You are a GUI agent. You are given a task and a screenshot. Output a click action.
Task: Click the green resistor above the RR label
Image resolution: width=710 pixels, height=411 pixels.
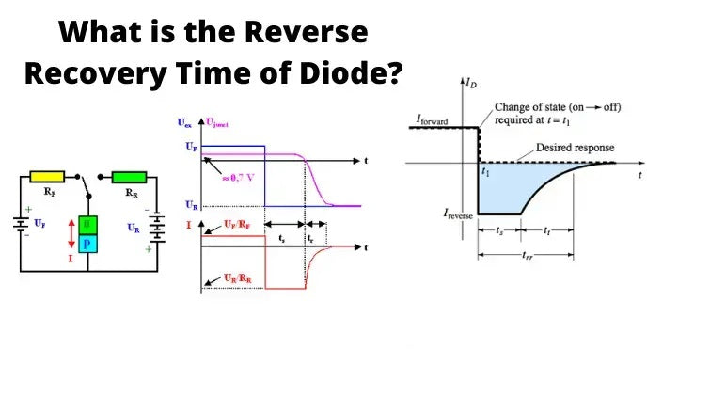(129, 176)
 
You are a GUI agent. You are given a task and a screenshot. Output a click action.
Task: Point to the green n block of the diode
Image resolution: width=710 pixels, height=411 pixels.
(87, 226)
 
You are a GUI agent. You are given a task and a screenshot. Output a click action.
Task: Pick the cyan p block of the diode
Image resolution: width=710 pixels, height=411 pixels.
(87, 244)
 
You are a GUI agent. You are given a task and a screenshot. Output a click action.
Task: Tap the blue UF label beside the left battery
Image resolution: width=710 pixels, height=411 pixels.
(39, 223)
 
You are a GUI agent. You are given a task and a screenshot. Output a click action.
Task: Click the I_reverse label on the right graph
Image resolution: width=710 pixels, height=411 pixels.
(460, 215)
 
